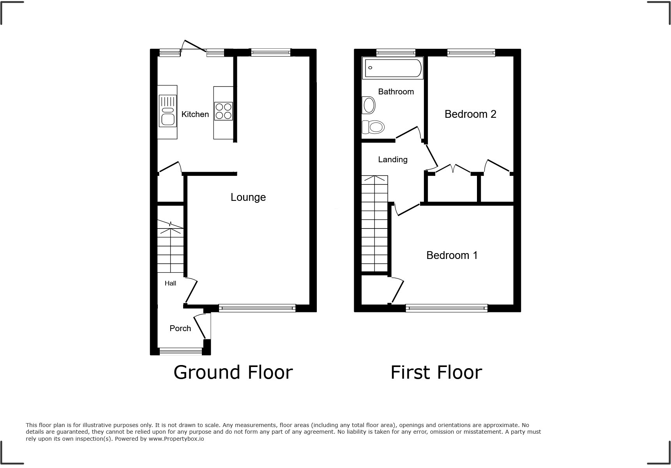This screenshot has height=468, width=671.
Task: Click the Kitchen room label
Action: point(195,114)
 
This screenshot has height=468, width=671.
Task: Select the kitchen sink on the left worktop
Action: point(168,111)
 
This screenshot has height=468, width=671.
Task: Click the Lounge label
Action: point(248,197)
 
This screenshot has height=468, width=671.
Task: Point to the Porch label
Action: point(180,328)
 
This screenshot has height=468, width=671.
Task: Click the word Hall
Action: point(170,284)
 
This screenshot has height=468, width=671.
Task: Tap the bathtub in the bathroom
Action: point(393,68)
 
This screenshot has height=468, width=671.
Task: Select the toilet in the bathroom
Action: point(373,127)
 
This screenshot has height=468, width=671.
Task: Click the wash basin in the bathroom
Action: point(369,105)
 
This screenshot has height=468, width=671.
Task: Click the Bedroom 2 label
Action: point(470,114)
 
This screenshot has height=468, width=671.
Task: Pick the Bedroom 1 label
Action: point(452,255)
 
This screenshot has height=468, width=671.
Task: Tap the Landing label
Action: point(392,160)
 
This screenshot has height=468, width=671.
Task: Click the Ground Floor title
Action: point(233,372)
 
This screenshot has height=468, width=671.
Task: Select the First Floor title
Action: point(436,372)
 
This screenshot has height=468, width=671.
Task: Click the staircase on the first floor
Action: point(374,224)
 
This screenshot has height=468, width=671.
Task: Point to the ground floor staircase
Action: point(170,248)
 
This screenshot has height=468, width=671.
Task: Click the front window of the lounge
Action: point(257,308)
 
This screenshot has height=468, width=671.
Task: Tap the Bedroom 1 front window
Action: point(447,308)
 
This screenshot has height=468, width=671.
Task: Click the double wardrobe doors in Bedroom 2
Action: point(453,169)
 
